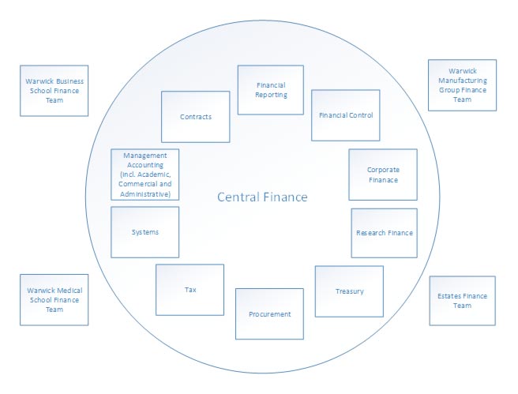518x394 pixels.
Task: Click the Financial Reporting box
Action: [271, 90]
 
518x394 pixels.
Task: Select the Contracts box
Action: [195, 116]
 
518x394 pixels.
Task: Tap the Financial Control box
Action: [345, 115]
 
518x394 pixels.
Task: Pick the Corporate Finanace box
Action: [382, 174]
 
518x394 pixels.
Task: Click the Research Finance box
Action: [384, 233]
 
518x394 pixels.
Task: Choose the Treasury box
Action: [349, 291]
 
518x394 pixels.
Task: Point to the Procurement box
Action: [270, 313]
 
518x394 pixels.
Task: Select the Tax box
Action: [190, 290]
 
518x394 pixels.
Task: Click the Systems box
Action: [145, 232]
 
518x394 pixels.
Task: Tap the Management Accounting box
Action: [145, 174]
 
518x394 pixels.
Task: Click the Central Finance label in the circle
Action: [262, 197]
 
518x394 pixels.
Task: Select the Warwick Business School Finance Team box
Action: [54, 91]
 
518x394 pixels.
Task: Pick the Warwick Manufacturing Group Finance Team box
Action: [462, 84]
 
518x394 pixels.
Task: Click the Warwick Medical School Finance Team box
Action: [54, 300]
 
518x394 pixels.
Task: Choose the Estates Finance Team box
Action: [462, 301]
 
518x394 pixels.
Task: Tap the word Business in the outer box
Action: [69, 81]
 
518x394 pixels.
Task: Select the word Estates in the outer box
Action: [451, 296]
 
